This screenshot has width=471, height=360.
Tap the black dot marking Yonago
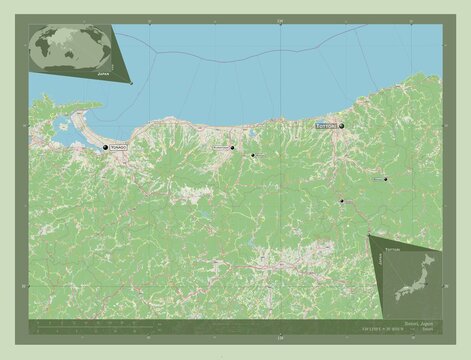coord(105,148)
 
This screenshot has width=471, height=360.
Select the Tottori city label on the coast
coord(326,127)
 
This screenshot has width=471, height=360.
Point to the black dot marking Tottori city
coord(341,126)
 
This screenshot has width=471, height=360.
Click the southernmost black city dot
coord(341,201)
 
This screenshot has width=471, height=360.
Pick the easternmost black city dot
coord(385,180)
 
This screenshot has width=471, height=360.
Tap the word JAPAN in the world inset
coord(103,74)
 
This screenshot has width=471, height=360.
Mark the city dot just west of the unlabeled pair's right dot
coord(231,148)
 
